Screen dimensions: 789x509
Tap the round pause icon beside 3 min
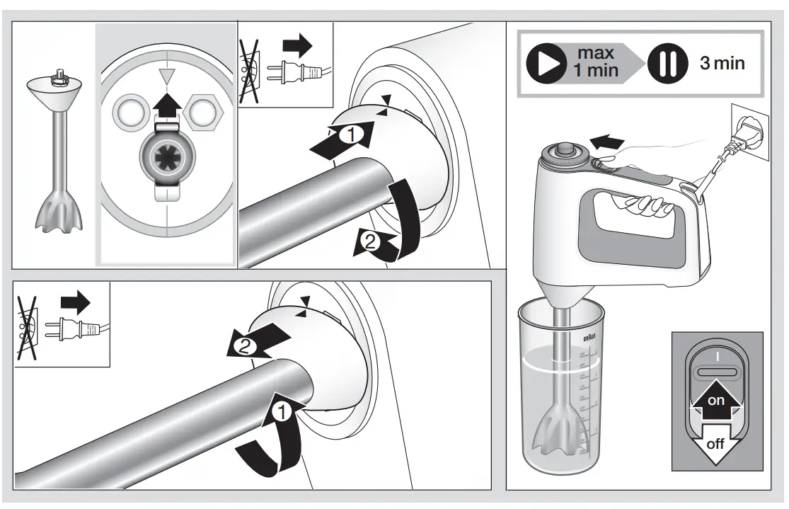coord(665,64)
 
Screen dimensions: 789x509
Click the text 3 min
coord(722,63)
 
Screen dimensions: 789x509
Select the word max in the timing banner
coord(596,53)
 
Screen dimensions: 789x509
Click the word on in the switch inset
coord(716,401)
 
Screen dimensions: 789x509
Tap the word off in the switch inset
coord(716,445)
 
